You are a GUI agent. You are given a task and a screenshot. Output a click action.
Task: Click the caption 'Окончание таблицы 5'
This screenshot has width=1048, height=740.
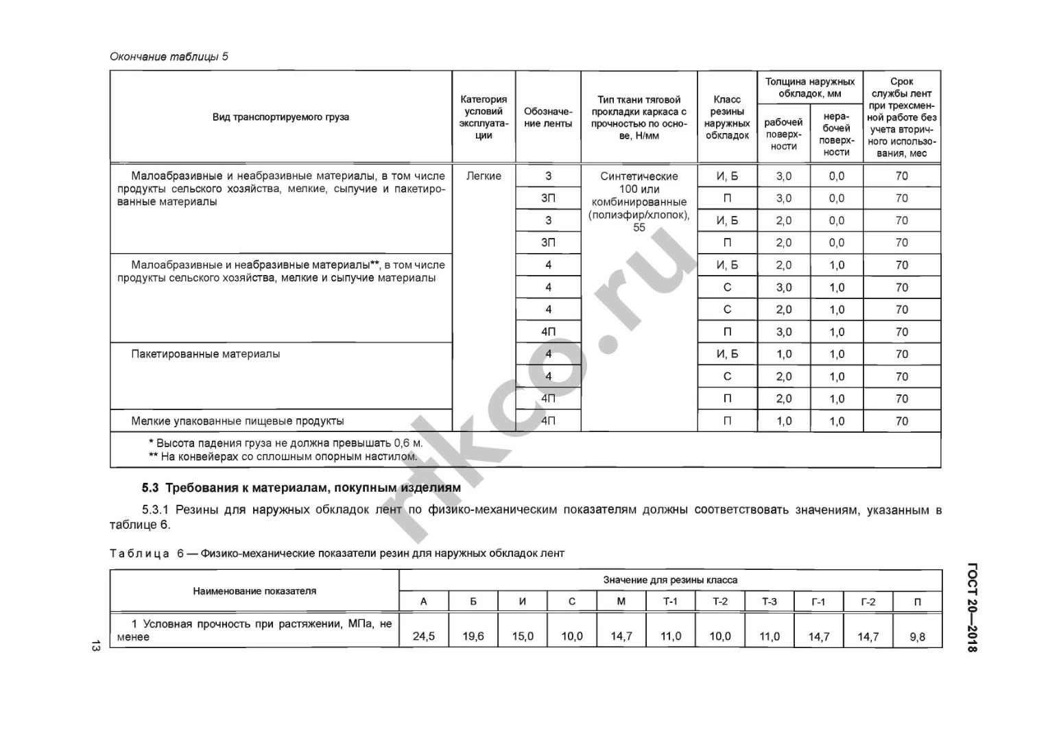(169, 56)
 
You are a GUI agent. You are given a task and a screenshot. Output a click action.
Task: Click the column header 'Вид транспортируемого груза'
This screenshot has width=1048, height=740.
(281, 117)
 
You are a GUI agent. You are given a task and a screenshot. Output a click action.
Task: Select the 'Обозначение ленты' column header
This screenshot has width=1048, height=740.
(547, 117)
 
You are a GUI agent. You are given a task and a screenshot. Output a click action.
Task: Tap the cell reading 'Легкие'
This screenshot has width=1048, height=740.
(484, 176)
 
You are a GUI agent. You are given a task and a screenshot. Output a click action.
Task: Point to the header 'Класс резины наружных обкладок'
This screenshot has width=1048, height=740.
(726, 117)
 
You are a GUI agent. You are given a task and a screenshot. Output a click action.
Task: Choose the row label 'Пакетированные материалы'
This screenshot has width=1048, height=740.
(205, 354)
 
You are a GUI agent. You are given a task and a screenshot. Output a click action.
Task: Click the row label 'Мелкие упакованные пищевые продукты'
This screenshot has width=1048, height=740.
(237, 421)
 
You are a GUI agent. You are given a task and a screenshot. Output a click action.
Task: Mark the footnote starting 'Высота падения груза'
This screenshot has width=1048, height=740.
(285, 443)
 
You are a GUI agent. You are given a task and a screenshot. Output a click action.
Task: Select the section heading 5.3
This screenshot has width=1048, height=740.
(301, 488)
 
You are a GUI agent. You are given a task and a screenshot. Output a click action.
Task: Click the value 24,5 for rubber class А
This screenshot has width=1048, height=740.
(423, 636)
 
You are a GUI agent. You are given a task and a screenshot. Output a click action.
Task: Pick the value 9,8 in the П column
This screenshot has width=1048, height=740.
(917, 636)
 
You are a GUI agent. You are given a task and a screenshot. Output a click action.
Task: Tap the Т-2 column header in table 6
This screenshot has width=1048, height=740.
(719, 601)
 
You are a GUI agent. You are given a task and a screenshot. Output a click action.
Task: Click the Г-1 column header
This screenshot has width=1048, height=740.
(818, 601)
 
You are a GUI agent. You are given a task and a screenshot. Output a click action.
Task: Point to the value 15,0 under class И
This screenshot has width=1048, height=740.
(522, 636)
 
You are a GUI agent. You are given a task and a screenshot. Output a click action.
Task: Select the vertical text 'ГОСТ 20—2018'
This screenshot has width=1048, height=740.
(972, 608)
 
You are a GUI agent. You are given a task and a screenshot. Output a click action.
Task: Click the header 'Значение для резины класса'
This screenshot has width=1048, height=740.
(670, 580)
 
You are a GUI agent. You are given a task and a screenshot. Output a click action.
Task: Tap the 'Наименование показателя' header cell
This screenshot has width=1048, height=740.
(254, 590)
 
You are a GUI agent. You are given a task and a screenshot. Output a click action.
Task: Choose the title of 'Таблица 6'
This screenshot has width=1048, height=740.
(337, 553)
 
